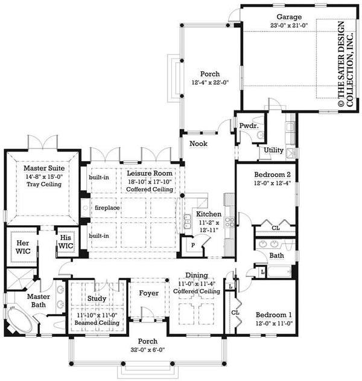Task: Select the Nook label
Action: coord(198,144)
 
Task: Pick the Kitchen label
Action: coord(209,214)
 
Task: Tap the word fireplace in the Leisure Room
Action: coord(107,208)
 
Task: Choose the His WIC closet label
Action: coord(65,243)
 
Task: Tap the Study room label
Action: coord(97,298)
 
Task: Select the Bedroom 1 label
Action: coord(275,315)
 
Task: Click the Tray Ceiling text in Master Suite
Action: coord(43,184)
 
